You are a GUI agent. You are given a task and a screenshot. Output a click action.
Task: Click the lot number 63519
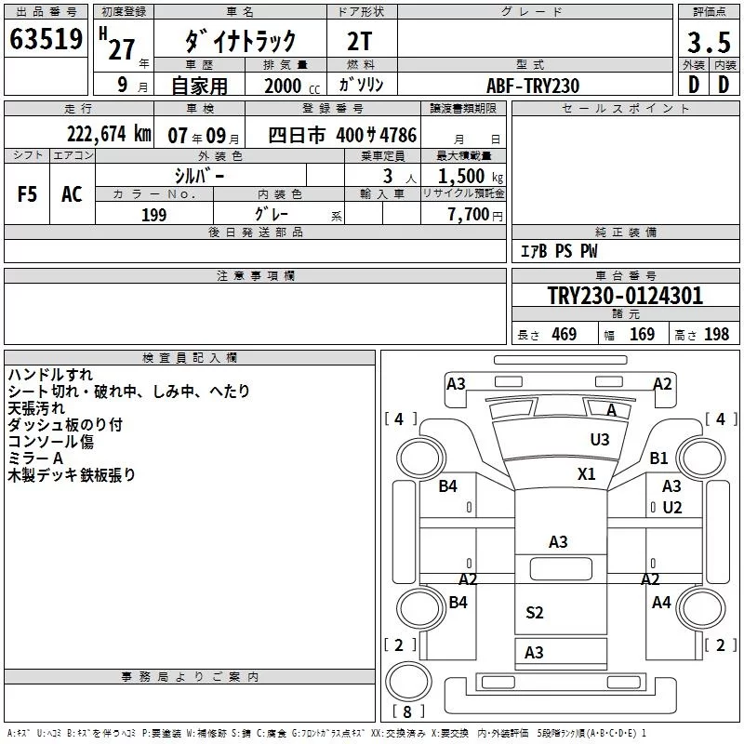[46, 39]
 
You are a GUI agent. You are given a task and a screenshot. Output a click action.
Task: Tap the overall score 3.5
[709, 43]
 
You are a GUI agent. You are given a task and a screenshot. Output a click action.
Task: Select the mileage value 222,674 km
[109, 134]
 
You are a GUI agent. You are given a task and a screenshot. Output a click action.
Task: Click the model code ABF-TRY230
[533, 86]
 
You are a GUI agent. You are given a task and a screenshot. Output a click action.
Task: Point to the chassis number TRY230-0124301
[625, 296]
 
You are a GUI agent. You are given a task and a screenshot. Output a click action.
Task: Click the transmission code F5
[27, 194]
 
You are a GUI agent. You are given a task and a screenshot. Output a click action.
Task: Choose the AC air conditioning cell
[72, 194]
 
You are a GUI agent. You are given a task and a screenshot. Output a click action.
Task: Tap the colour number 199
[154, 215]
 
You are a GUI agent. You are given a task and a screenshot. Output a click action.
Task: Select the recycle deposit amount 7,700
[469, 215]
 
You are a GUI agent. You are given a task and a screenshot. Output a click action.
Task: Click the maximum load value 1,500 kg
[471, 177]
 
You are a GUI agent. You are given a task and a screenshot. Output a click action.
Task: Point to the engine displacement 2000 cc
[292, 86]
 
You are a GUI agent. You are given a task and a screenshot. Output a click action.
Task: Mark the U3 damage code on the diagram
[600, 440]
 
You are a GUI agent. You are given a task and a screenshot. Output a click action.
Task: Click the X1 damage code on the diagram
[587, 474]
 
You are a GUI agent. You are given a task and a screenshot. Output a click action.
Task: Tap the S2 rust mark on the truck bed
[534, 613]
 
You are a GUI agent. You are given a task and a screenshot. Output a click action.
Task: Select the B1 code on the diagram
[658, 458]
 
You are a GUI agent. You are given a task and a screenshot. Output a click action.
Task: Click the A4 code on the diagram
[661, 603]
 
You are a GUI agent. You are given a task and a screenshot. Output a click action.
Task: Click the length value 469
[565, 334]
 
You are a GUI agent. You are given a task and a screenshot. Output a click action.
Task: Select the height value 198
[716, 334]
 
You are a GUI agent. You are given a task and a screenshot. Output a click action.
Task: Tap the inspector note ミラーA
[35, 458]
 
